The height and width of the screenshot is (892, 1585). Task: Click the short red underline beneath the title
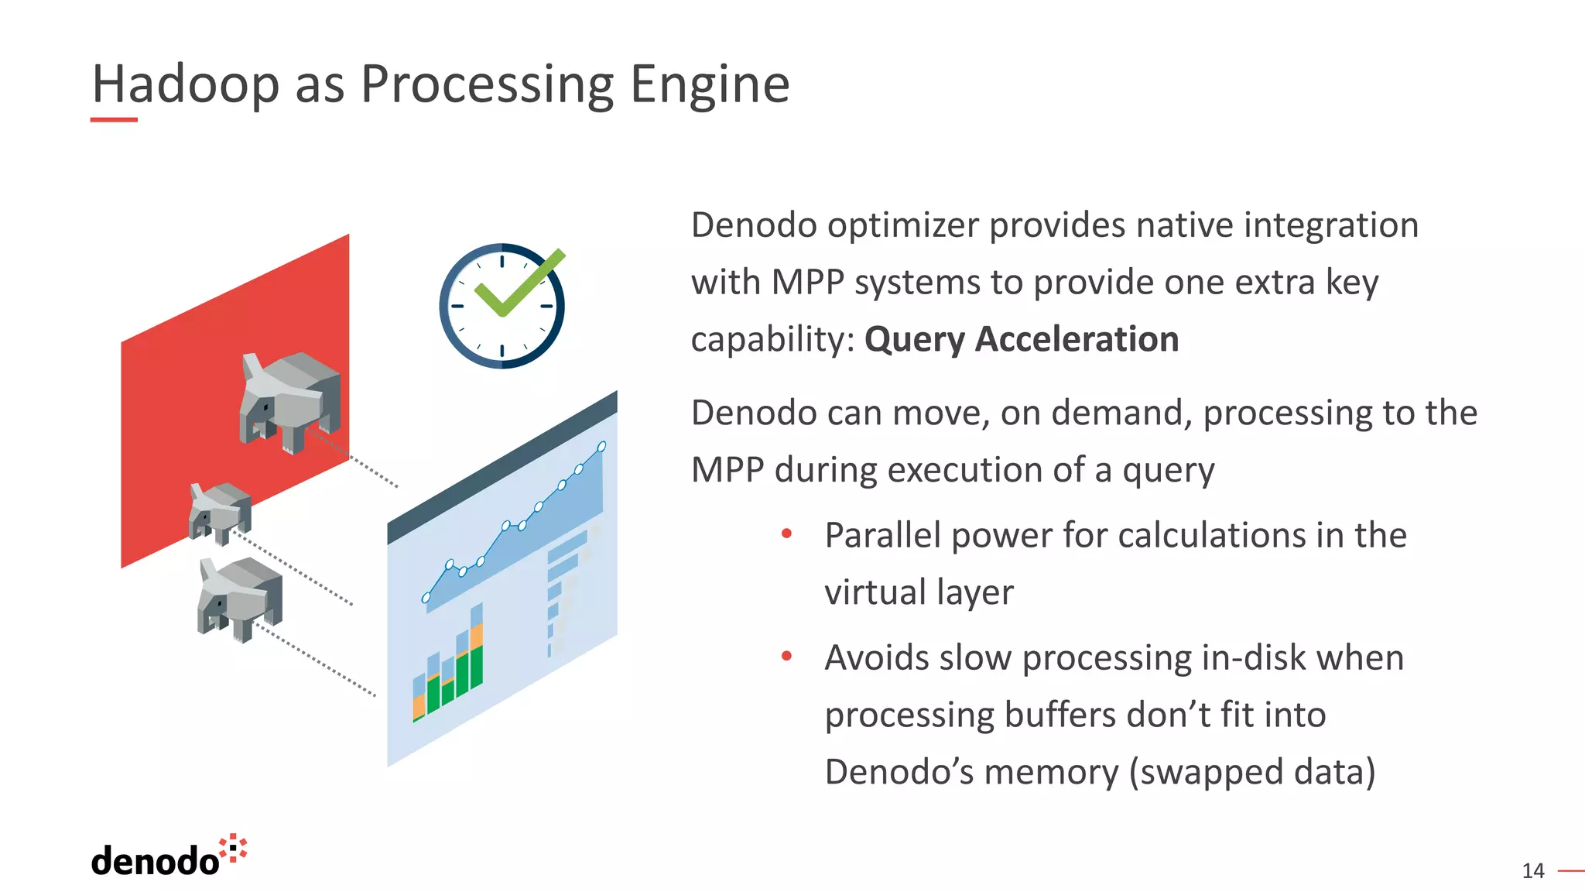point(114,120)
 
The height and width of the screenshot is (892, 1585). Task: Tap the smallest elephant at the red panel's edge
point(220,511)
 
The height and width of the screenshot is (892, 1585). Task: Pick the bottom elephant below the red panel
point(240,597)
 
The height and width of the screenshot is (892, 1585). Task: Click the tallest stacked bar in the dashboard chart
point(476,646)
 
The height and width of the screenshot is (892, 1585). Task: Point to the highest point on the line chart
point(602,447)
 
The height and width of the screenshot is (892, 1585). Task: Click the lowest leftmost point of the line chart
point(426,598)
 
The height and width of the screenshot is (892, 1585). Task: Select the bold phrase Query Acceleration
point(1021,339)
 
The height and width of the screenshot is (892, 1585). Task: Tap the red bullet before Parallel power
point(786,533)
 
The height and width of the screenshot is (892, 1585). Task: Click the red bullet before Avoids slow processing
point(786,656)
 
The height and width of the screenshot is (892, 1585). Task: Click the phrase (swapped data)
point(1251,772)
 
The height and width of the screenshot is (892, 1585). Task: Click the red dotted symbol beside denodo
point(233,849)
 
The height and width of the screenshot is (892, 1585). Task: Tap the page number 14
point(1532,871)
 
